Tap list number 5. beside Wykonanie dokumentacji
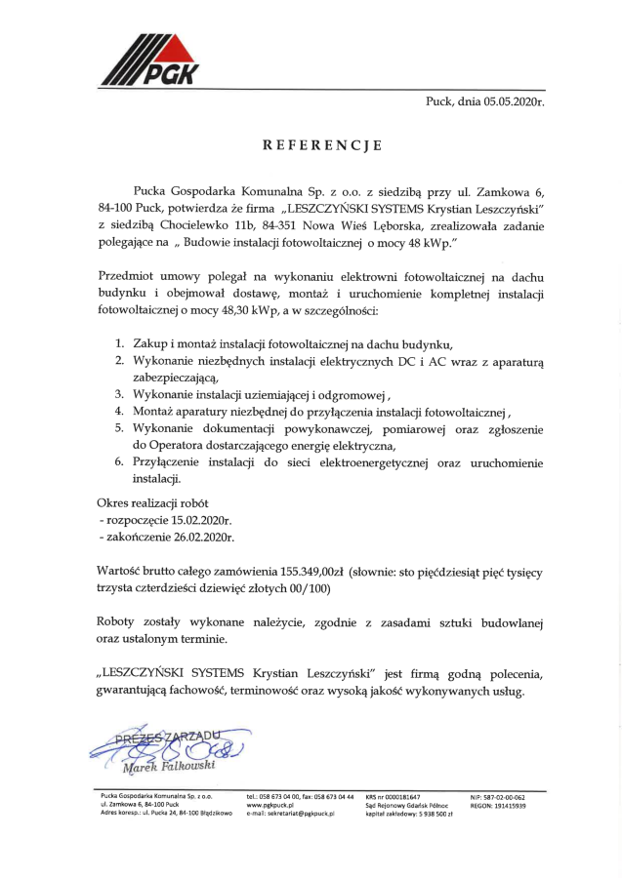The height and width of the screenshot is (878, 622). (118, 427)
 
